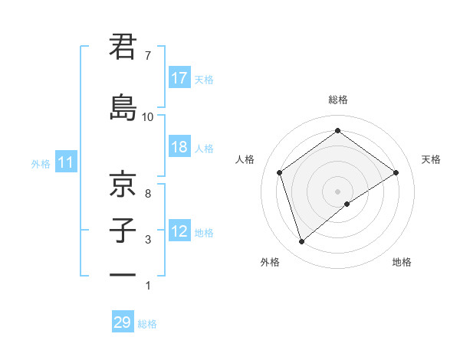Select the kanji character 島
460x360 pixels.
(123, 106)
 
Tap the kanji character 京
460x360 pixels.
(123, 185)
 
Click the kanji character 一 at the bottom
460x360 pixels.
(123, 275)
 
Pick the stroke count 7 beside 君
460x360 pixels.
(147, 56)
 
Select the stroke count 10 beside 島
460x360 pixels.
(148, 117)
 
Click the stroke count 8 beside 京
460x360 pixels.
(147, 194)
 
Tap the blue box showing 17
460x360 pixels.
(179, 78)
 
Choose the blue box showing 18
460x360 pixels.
(179, 147)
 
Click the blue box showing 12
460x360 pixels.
(179, 231)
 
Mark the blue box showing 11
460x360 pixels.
(66, 162)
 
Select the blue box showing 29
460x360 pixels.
(122, 322)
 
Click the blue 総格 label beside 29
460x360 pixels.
(147, 324)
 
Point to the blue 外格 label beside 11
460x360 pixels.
(41, 163)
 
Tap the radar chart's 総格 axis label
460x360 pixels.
(338, 100)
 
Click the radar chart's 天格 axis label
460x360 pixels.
(431, 159)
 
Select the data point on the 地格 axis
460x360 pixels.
(348, 204)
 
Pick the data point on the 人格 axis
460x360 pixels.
(280, 172)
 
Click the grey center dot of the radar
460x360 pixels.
(338, 191)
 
